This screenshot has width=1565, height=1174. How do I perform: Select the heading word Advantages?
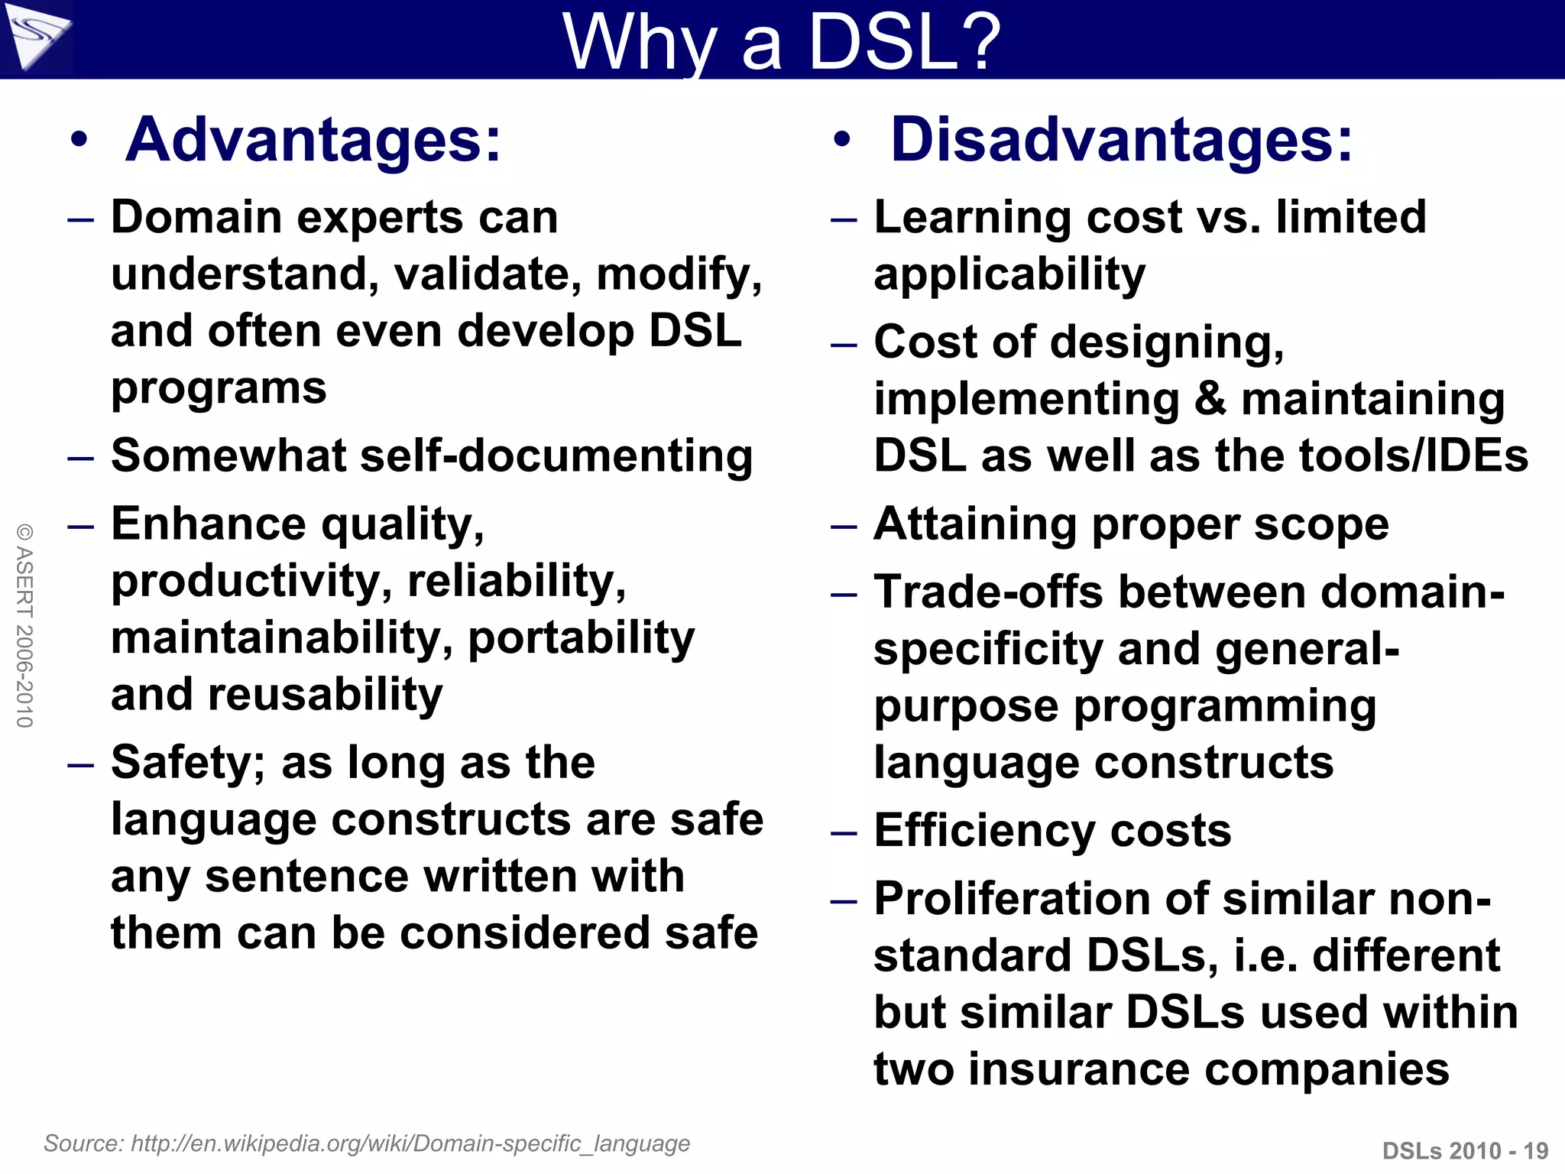[313, 140]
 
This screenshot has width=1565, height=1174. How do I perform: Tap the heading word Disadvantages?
[1121, 140]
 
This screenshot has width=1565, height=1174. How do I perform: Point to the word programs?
[219, 388]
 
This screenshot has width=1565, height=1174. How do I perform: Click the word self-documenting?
[556, 456]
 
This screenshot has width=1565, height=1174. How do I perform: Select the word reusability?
[325, 695]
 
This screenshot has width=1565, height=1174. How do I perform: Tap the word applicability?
[1009, 274]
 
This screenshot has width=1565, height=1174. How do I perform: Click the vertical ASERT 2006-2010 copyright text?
[25, 625]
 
